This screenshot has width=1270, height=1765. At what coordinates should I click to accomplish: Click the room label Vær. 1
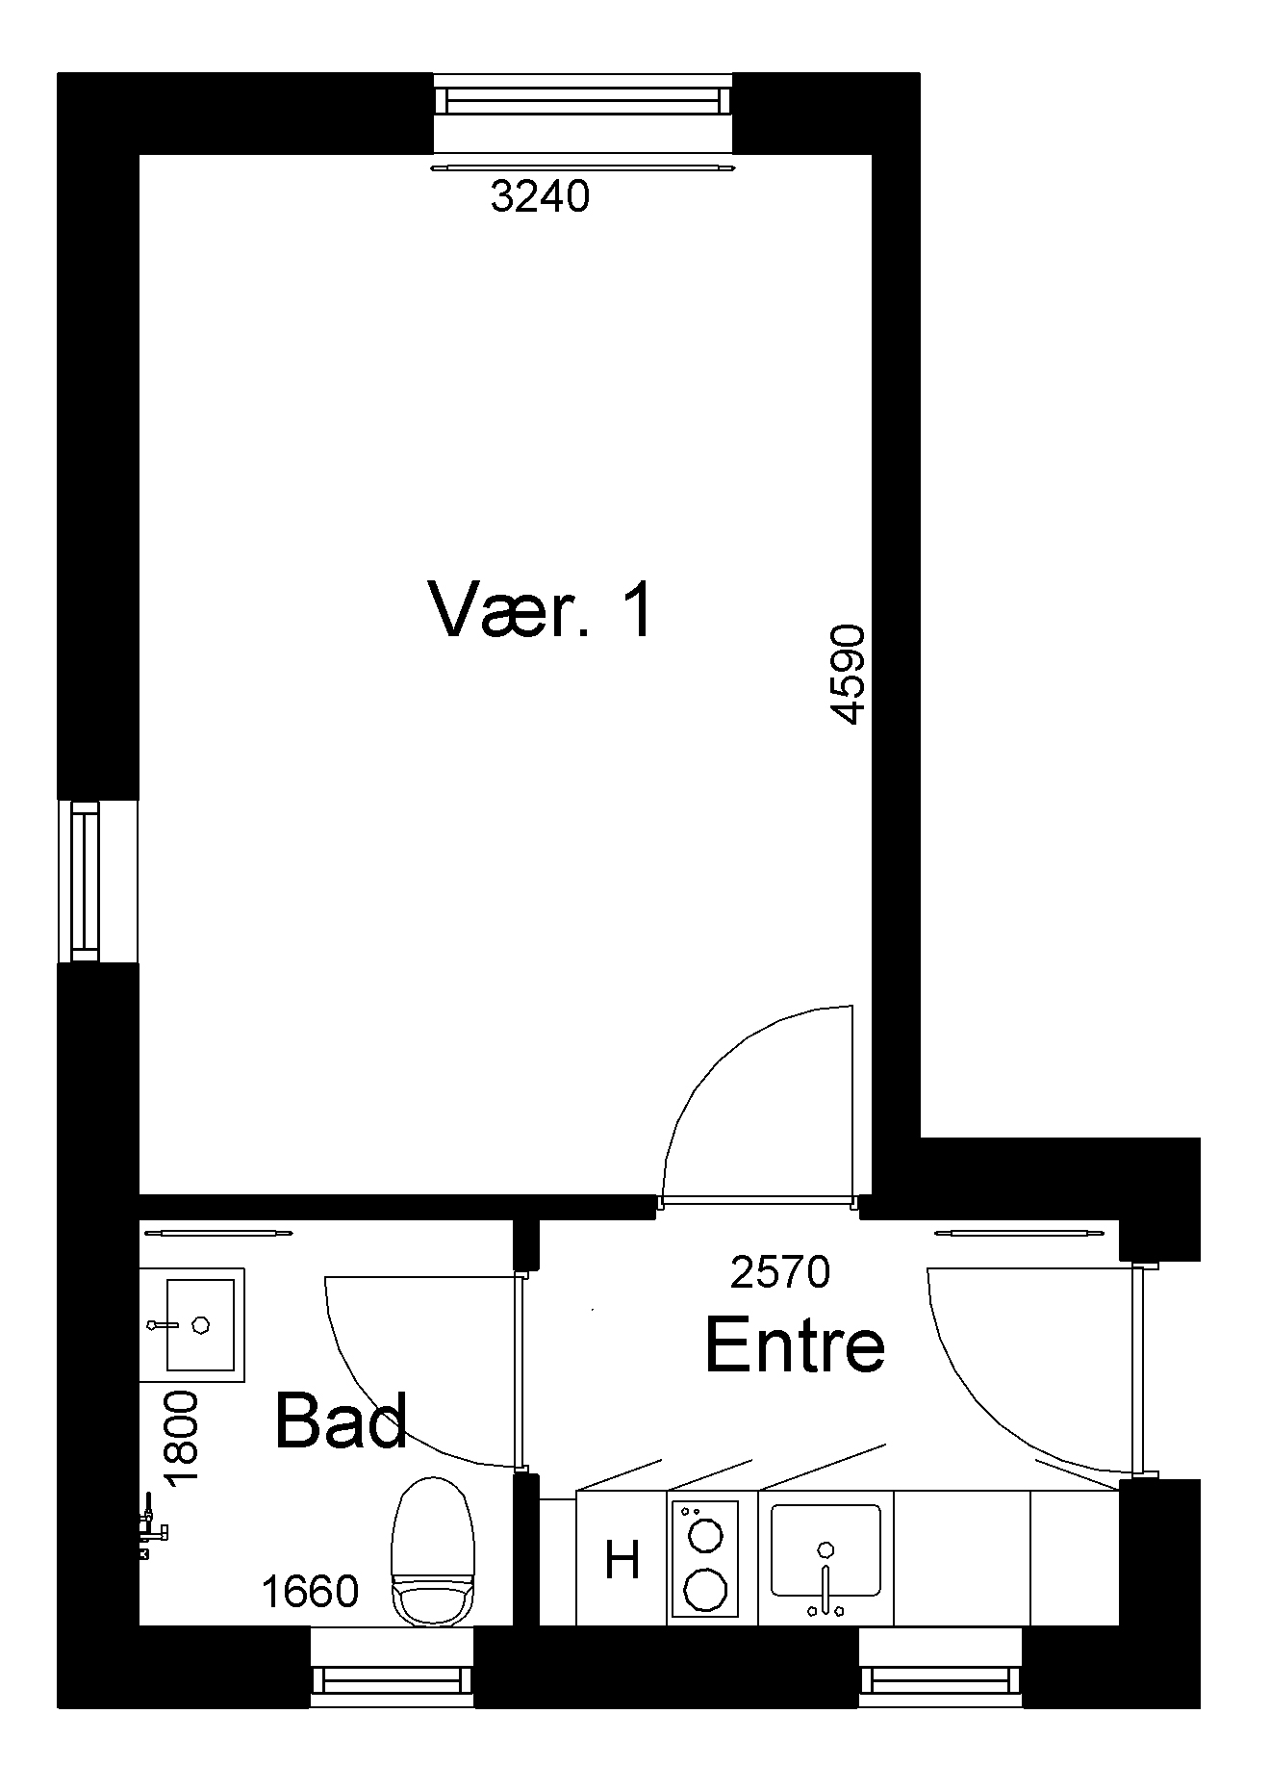[540, 610]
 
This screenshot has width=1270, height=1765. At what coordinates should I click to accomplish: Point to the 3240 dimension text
[539, 197]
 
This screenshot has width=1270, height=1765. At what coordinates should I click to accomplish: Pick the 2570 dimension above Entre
[779, 1272]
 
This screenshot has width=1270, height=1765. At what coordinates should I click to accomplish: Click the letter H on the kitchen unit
[622, 1560]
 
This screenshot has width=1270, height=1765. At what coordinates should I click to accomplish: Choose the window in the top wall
[582, 113]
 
